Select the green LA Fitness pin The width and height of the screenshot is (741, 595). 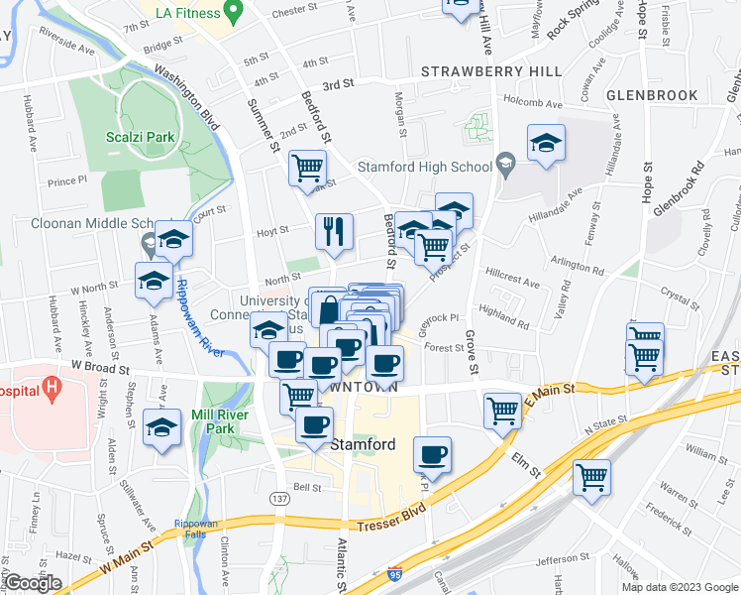point(235,12)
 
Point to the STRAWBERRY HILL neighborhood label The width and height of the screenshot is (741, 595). point(490,72)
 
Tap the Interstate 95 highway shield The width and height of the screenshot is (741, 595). point(394,573)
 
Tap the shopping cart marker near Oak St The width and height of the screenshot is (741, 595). point(307,168)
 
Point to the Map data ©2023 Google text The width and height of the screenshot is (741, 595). point(680,586)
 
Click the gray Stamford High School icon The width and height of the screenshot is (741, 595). point(506,165)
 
